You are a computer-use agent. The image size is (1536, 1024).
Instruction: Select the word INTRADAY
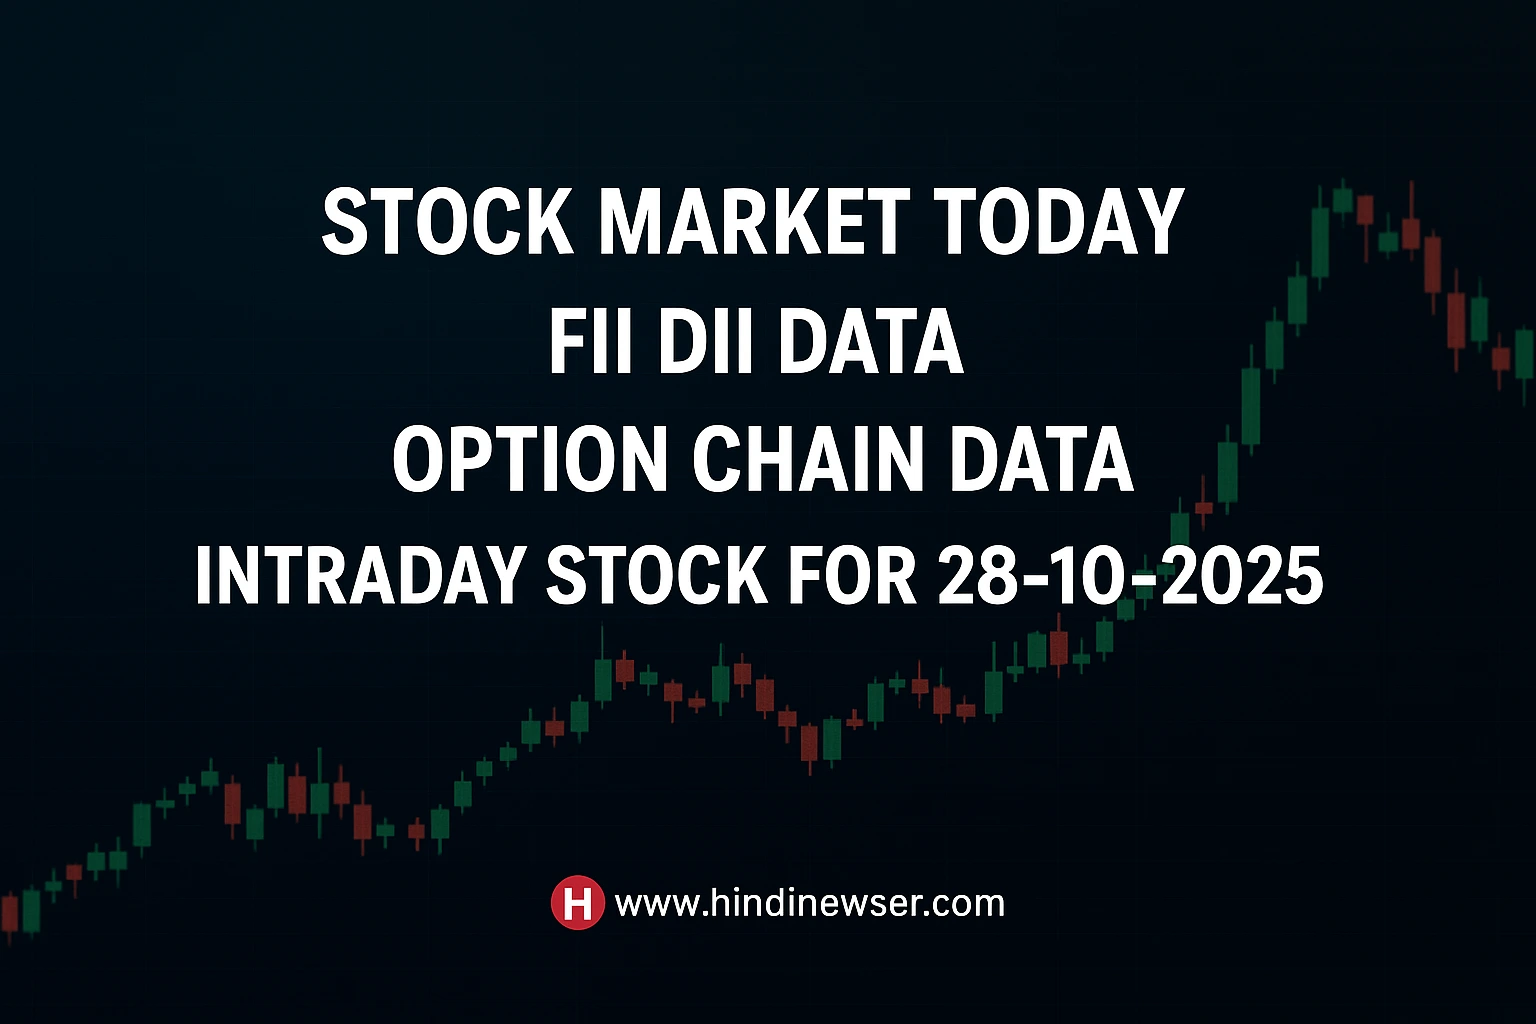359,576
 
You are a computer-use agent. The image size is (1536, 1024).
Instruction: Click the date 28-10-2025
1130,576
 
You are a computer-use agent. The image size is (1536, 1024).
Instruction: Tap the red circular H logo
577,902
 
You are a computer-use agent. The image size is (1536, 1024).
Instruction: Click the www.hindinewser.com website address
810,903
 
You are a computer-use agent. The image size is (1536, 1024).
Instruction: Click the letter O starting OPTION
419,459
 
